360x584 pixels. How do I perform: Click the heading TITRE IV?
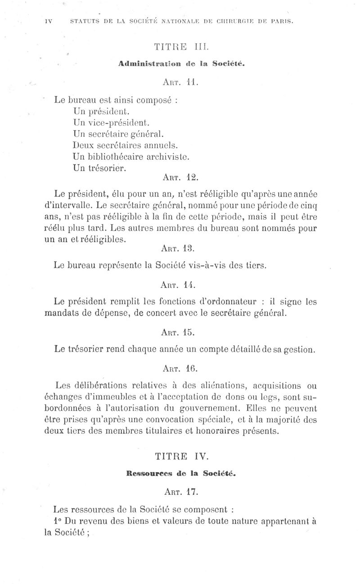[181, 457]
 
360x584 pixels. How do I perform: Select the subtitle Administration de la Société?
[181, 64]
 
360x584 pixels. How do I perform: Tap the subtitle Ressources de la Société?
[181, 474]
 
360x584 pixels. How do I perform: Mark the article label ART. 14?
[180, 285]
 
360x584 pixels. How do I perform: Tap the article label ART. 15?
[180, 332]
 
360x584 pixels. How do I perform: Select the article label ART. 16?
[180, 368]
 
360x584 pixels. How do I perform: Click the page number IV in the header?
[49, 21]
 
